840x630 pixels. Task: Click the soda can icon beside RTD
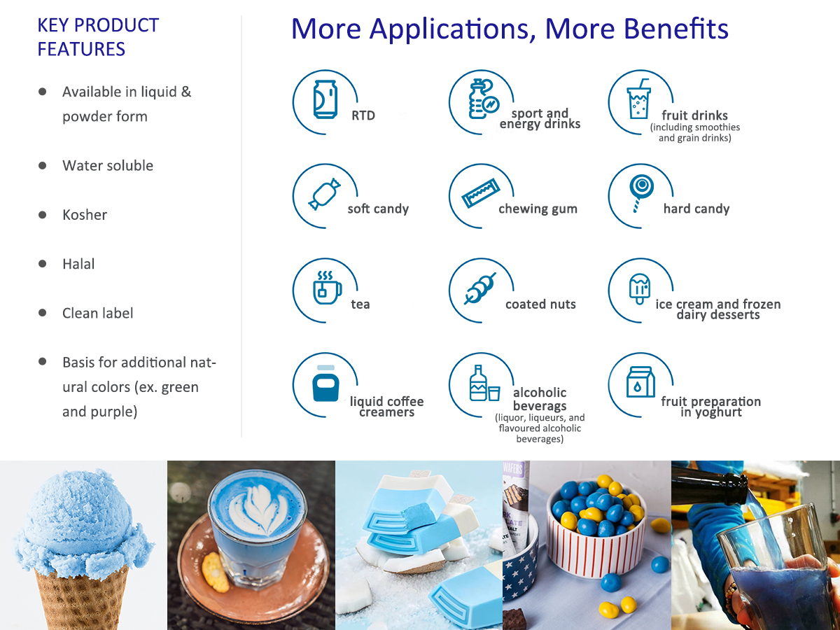[x=325, y=99]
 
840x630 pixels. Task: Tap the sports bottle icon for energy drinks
[x=483, y=99]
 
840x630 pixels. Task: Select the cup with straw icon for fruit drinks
[x=638, y=99]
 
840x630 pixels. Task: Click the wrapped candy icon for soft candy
[x=325, y=194]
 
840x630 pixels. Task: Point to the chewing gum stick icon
[x=481, y=193]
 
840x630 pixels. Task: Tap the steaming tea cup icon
[x=327, y=288]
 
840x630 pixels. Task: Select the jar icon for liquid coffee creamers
[x=325, y=384]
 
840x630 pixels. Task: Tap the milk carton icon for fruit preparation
[x=640, y=382]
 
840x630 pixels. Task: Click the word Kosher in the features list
[x=85, y=215]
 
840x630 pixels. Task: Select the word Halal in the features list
[x=78, y=264]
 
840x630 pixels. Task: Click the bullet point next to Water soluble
[x=43, y=166]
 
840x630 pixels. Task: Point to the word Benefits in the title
[x=675, y=29]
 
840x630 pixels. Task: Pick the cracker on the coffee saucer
[x=215, y=573]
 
